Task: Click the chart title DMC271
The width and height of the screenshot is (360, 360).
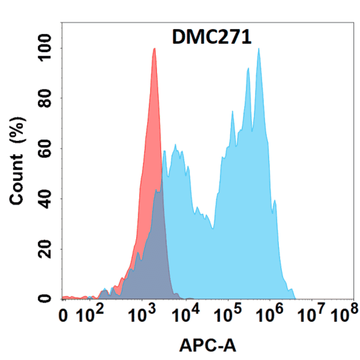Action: [x=212, y=37]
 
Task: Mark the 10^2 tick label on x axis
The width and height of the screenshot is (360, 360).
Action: [x=88, y=315]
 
